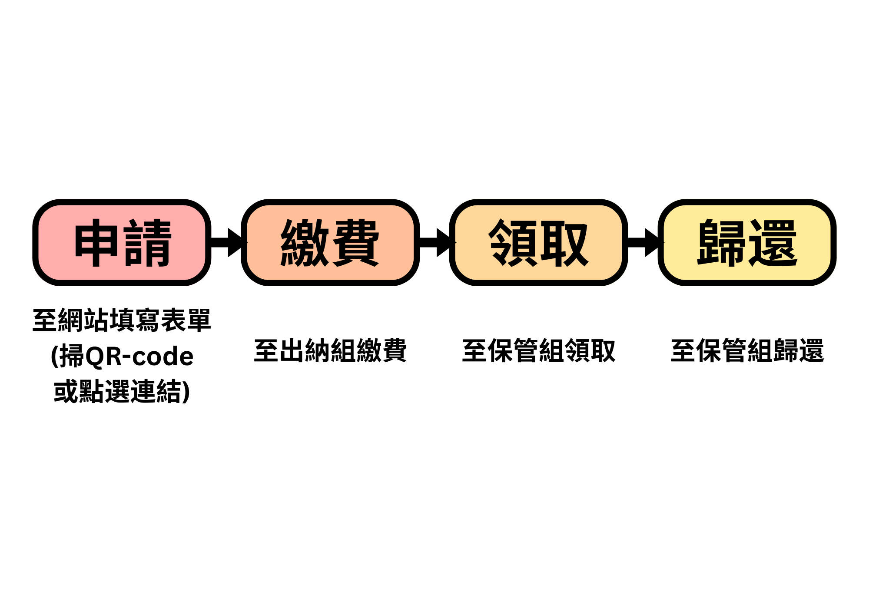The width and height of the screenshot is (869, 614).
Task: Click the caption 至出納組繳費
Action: tap(330, 351)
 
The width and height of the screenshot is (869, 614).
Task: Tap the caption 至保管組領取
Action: tap(539, 351)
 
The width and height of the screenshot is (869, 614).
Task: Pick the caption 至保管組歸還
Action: tap(747, 351)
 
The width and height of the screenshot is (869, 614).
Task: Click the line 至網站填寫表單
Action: tap(122, 320)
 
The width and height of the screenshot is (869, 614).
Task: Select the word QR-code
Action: tap(139, 357)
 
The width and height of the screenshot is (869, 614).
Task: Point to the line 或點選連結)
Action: tap(122, 391)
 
